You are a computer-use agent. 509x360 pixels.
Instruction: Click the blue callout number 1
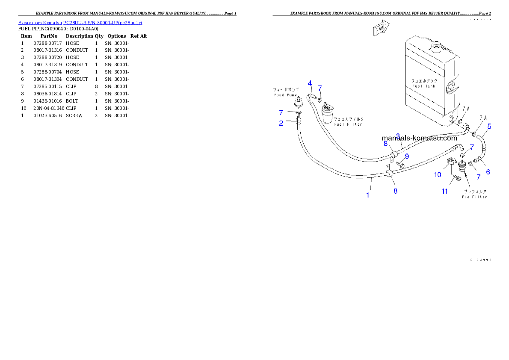[367, 195]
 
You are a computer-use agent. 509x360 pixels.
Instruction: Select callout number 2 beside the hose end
[281, 123]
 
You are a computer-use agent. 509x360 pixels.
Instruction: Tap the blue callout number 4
[310, 83]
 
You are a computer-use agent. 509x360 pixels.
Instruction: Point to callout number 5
[489, 126]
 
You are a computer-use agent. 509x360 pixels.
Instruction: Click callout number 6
[488, 172]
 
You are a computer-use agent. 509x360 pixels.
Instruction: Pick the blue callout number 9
[407, 156]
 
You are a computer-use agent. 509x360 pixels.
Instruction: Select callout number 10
[438, 174]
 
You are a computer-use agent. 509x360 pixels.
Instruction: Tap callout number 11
[445, 191]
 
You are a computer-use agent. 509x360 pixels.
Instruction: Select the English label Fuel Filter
[348, 124]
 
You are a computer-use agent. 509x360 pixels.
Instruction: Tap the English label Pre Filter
[474, 197]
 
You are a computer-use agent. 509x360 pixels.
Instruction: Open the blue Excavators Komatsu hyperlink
[80, 22]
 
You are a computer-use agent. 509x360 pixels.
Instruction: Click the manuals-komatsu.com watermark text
[419, 138]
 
